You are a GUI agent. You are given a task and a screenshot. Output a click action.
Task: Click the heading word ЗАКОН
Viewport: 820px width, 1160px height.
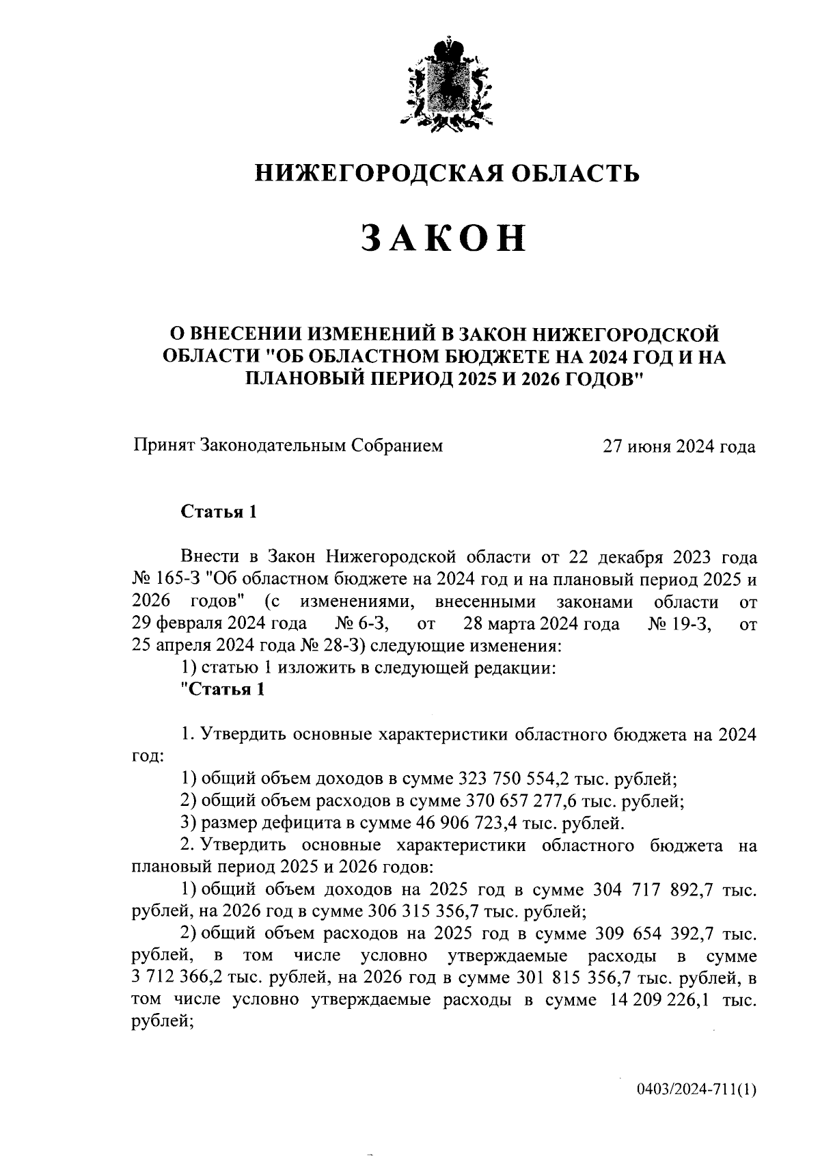tap(443, 237)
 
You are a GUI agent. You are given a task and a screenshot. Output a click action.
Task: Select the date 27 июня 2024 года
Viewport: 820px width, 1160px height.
tap(678, 446)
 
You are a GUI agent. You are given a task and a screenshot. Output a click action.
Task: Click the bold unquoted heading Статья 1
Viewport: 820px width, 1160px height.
tap(218, 512)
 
